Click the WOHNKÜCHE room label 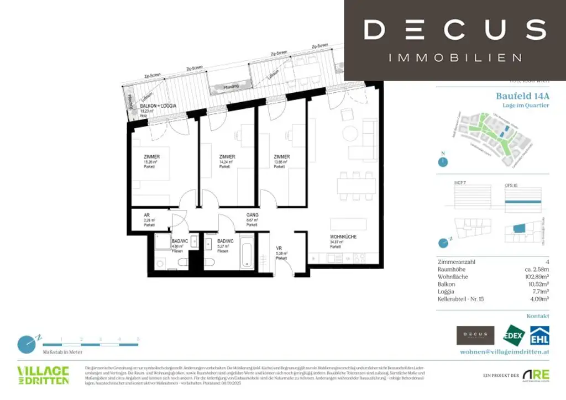point(342,236)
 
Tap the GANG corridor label point(252,215)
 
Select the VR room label point(279,249)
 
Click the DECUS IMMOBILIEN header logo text point(454,39)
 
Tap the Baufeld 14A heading point(522,96)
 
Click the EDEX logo point(513,335)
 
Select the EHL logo point(539,335)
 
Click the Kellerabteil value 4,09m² point(538,299)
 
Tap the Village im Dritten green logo point(43,375)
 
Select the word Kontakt point(538,316)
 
